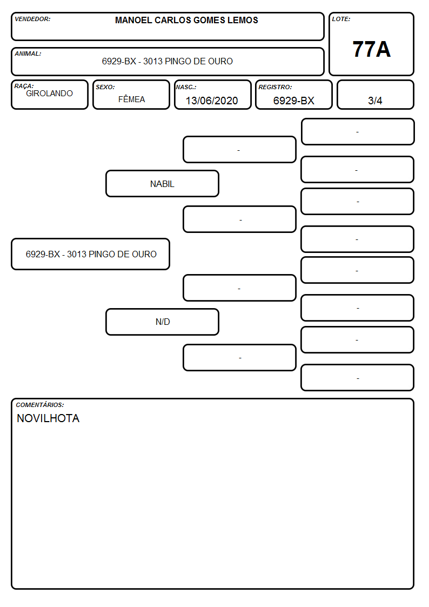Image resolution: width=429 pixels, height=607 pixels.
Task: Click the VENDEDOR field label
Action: point(32,19)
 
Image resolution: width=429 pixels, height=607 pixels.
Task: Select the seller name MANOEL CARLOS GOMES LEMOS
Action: point(186,20)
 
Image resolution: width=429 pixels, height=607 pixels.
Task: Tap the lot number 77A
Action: point(371,49)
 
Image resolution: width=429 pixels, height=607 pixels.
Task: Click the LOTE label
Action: point(341,19)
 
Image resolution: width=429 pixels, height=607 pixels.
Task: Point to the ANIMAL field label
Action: point(28,54)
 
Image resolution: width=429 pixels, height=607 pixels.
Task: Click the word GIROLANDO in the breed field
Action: point(50,94)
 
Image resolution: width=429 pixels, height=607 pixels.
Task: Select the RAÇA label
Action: point(24,86)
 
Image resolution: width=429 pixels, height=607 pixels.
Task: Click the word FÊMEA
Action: point(131,99)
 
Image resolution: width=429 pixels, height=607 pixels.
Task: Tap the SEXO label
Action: point(105,87)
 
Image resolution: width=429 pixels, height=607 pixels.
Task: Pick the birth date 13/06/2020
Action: point(212,101)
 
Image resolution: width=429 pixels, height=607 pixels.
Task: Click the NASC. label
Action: point(186,87)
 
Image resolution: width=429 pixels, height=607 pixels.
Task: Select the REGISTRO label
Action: point(275,87)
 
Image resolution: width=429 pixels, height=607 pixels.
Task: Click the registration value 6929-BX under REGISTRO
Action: point(293,101)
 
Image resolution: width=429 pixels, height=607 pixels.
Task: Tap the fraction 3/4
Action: point(375,101)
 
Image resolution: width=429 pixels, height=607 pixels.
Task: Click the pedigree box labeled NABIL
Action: point(162,183)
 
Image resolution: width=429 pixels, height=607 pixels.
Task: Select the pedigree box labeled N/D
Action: point(162,322)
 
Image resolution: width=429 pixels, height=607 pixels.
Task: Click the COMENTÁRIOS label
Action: point(40,405)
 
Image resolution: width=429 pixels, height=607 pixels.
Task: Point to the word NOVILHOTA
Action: point(48,418)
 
